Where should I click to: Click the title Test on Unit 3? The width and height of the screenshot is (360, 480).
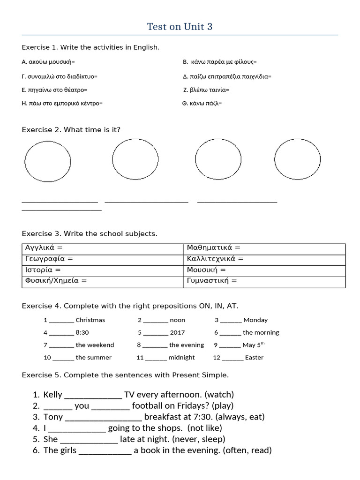tap(180, 27)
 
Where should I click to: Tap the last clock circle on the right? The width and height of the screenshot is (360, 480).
tap(297, 159)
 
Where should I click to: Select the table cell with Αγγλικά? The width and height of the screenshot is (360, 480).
tap(102, 248)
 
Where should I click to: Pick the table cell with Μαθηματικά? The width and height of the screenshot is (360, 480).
tap(264, 248)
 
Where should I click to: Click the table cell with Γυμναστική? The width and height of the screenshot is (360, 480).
tap(264, 281)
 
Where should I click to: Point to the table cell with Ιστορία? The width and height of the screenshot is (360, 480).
tap(102, 270)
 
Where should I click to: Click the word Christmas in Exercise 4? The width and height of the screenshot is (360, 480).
tap(90, 320)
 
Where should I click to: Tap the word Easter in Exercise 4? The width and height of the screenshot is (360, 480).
tap(254, 358)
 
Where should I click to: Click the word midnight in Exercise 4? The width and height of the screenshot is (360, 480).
tap(181, 358)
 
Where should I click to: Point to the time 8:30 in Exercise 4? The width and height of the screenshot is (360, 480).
tap(82, 333)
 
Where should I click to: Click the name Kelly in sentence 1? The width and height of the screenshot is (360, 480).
tap(52, 395)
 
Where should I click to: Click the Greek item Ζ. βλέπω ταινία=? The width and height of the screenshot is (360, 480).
tap(206, 90)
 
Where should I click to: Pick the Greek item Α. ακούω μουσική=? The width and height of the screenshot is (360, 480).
tap(48, 62)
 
